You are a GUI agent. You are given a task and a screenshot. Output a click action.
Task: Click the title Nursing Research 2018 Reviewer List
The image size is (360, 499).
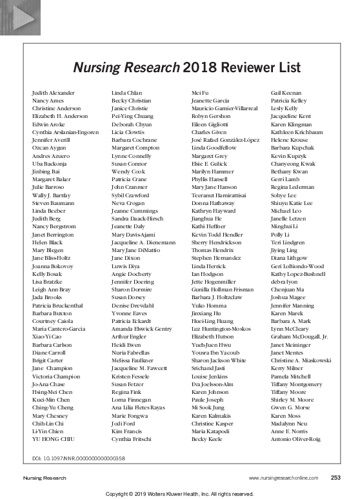pyautogui.click(x=179, y=67)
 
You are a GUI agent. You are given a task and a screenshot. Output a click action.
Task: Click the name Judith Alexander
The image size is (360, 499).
pyautogui.click(x=54, y=93)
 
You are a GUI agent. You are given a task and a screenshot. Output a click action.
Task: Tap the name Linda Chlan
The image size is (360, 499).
pyautogui.click(x=126, y=93)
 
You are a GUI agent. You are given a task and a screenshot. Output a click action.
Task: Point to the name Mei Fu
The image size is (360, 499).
pyautogui.click(x=200, y=93)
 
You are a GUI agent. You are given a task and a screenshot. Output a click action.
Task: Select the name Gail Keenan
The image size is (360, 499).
pyautogui.click(x=286, y=93)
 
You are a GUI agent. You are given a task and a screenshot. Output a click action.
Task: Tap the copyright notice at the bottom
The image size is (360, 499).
pyautogui.click(x=180, y=494)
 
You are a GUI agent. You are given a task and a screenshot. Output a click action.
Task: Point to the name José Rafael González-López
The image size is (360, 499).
pyautogui.click(x=226, y=139)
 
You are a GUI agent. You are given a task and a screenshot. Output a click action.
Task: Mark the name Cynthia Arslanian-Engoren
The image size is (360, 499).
pyautogui.click(x=65, y=132)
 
